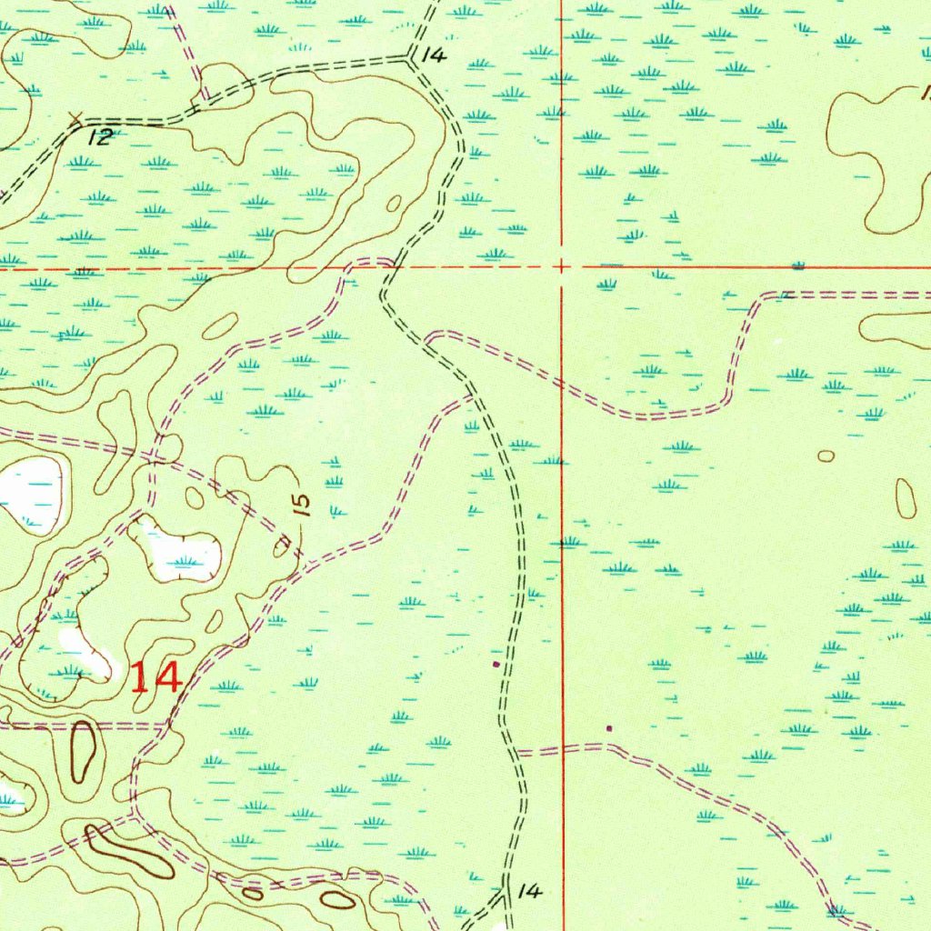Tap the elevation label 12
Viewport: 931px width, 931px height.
pyautogui.click(x=102, y=137)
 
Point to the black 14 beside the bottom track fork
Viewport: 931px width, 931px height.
pyautogui.click(x=529, y=892)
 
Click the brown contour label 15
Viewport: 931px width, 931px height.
pyautogui.click(x=303, y=504)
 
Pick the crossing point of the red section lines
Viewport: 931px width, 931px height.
pyautogui.click(x=563, y=267)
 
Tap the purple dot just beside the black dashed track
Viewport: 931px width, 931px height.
pyautogui.click(x=495, y=665)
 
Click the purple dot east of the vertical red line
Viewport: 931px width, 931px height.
pyautogui.click(x=609, y=727)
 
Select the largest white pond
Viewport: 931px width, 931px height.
pyautogui.click(x=31, y=491)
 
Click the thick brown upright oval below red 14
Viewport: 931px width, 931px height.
pyautogui.click(x=83, y=751)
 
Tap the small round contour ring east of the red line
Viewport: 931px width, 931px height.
pyautogui.click(x=826, y=455)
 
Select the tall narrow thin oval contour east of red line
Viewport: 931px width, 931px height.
pyautogui.click(x=906, y=497)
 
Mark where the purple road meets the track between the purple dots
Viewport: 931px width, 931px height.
pyautogui.click(x=516, y=753)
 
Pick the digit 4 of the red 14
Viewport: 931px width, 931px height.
pyautogui.click(x=169, y=677)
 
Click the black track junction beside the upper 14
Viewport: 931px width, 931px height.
pyautogui.click(x=411, y=57)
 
